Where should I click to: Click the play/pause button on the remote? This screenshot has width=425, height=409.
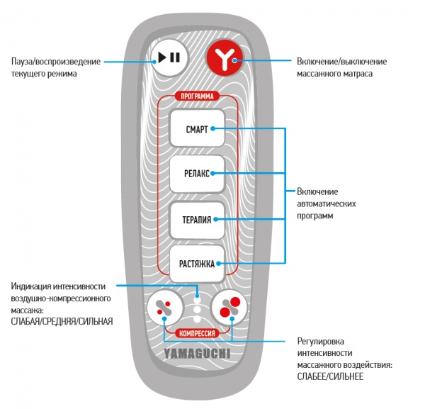pos(169,61)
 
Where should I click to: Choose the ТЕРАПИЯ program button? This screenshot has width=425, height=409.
pos(197,220)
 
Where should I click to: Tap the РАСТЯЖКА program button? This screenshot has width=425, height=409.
pos(197,264)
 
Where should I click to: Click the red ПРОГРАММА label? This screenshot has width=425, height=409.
pos(197,97)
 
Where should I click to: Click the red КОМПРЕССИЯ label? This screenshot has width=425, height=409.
pos(196,332)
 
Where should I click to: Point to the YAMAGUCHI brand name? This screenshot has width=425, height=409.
pos(196,351)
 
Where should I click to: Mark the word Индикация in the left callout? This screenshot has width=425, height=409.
pos(32,286)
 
